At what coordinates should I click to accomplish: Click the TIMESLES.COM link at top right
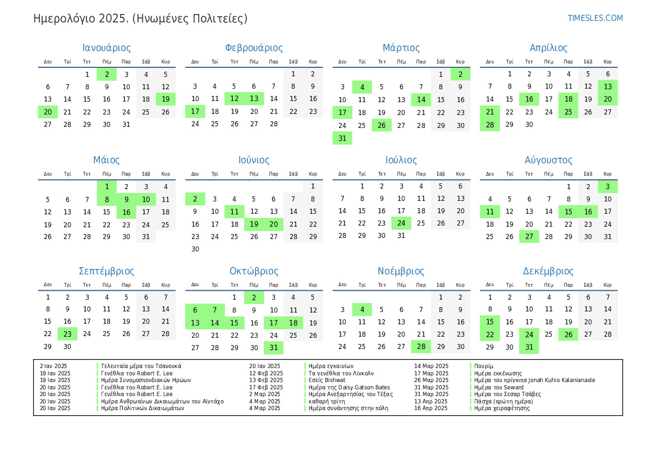595,18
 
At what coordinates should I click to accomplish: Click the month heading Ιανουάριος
107,48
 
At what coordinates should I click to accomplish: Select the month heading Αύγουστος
548,160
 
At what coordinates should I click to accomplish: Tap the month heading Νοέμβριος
401,272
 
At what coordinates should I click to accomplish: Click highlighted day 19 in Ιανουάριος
166,99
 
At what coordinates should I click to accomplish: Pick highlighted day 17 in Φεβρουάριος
195,112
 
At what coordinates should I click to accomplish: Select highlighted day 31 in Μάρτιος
342,138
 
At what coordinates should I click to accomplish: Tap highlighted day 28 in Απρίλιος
490,125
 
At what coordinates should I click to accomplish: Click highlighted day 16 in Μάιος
126,212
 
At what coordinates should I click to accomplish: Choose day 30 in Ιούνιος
195,249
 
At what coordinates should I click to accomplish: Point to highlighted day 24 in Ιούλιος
401,223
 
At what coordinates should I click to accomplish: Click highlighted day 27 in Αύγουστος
529,237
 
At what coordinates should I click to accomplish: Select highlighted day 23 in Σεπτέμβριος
67,334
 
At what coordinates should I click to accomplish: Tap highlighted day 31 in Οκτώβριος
273,348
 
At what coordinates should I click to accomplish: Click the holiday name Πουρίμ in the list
484,366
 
